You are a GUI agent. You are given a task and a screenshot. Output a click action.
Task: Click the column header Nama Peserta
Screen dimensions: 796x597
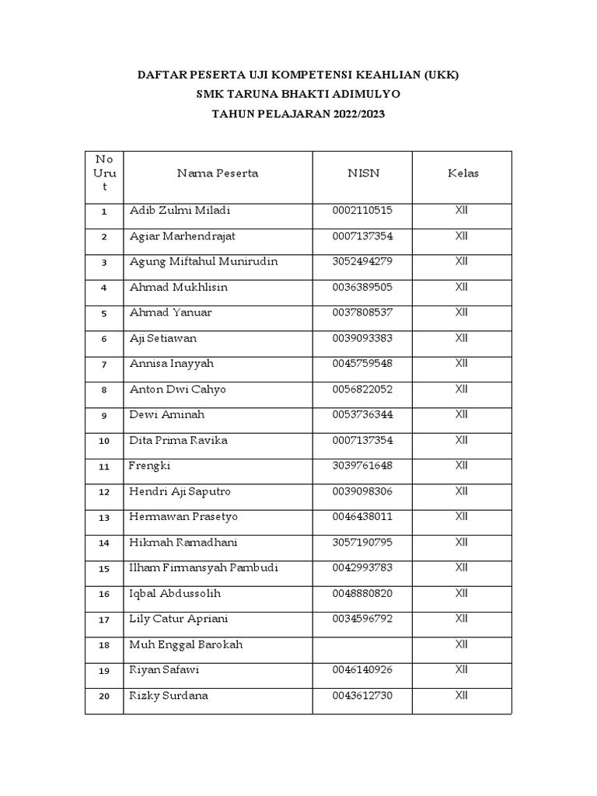click(x=218, y=173)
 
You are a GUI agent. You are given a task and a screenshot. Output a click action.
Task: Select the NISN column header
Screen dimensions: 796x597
click(x=363, y=173)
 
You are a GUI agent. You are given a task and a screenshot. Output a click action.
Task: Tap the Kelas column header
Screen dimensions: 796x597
click(x=463, y=173)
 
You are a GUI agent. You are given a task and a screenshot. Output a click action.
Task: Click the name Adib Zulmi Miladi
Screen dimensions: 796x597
click(x=180, y=211)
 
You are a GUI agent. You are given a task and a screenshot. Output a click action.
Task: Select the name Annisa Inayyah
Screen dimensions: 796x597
click(x=171, y=364)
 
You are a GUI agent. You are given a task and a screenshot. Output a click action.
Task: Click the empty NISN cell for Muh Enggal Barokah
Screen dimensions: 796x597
click(x=362, y=645)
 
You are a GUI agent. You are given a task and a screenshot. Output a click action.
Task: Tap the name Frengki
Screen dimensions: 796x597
click(x=149, y=466)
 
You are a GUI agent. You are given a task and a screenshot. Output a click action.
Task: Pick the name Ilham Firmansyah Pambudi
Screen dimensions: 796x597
click(x=204, y=568)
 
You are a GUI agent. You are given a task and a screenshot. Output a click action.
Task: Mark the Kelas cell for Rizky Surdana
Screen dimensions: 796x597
click(x=462, y=696)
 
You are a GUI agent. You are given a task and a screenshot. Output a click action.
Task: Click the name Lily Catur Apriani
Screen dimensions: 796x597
click(x=179, y=620)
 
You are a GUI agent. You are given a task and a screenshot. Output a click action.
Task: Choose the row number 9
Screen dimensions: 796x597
click(x=104, y=416)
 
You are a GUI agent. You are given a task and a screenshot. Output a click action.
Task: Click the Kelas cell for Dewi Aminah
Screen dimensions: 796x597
click(x=462, y=415)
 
